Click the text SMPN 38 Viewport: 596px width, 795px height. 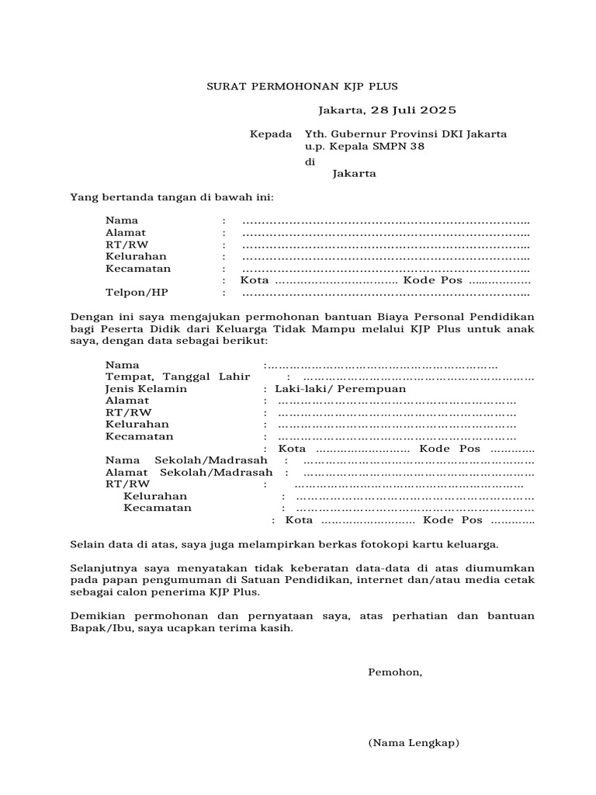point(400,147)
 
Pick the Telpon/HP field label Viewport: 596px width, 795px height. point(137,293)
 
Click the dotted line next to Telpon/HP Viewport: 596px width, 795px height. point(386,293)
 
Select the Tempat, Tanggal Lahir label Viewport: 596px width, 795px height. point(178,377)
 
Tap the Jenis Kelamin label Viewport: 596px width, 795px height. point(146,389)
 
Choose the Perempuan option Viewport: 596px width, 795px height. point(376,389)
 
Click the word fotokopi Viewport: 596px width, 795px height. point(398,544)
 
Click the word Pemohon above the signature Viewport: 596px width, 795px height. point(395,672)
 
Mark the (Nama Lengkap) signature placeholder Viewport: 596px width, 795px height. point(414,743)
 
